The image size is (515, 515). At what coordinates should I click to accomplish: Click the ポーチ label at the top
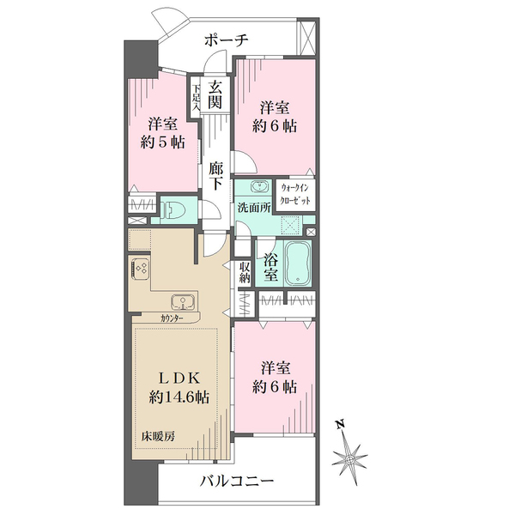click(x=227, y=39)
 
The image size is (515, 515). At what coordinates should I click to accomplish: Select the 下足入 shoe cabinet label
click(x=197, y=96)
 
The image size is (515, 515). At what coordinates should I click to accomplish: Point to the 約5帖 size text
click(x=161, y=142)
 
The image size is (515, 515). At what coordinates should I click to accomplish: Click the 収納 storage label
click(x=245, y=272)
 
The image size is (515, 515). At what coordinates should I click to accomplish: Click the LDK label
click(x=179, y=378)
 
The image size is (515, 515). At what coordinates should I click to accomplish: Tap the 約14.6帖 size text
click(x=179, y=397)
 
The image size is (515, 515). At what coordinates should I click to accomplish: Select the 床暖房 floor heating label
click(x=157, y=436)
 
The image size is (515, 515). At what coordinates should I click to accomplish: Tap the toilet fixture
click(x=175, y=209)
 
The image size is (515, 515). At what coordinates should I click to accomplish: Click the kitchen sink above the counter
click(x=183, y=301)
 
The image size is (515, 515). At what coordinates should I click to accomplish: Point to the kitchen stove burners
click(x=140, y=268)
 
